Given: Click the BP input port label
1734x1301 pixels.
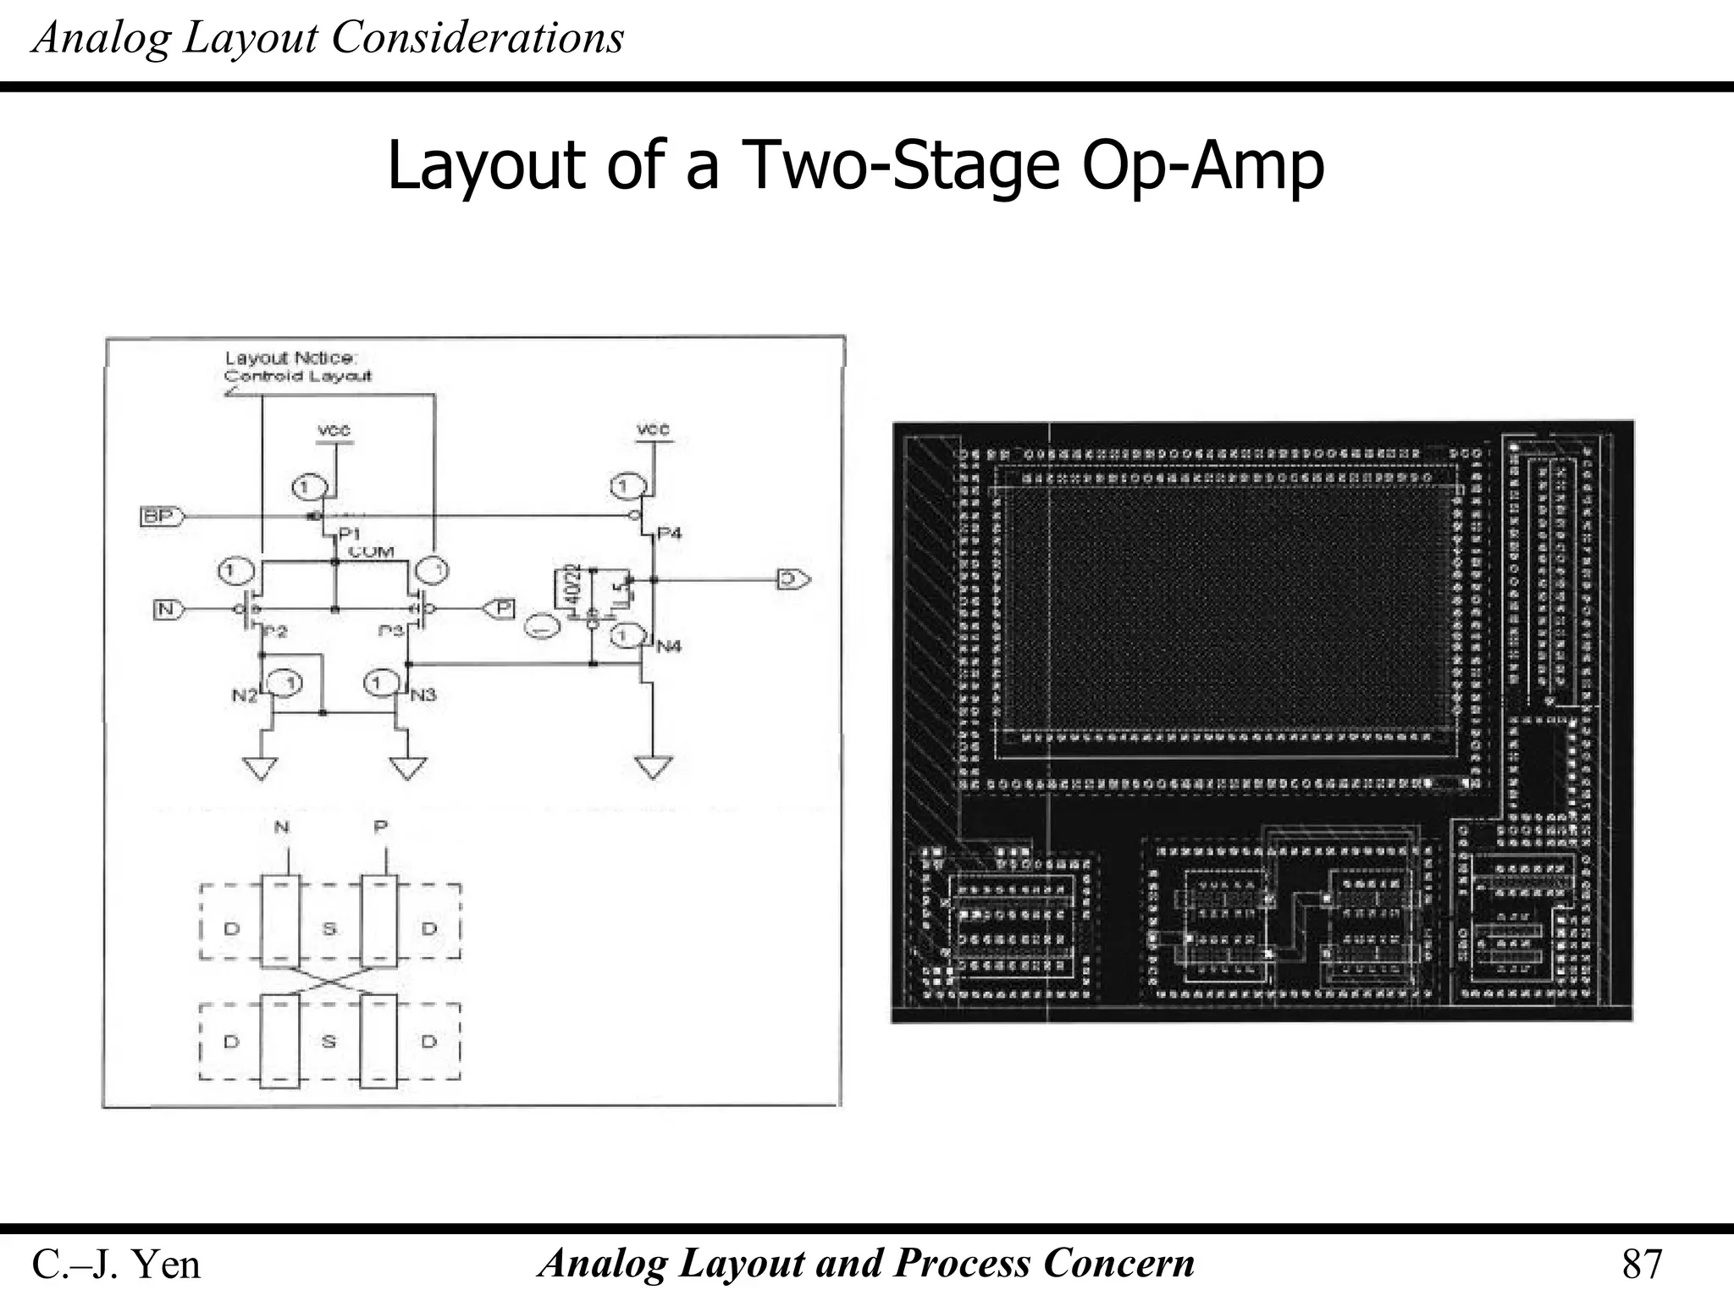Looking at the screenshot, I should click(160, 516).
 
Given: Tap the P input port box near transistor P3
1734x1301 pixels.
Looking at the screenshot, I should click(501, 608).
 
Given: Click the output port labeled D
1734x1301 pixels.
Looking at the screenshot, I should click(792, 579).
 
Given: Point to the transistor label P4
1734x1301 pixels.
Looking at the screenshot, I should click(669, 533).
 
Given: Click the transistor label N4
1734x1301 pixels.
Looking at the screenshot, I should click(669, 646).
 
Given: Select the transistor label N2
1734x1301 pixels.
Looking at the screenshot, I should click(244, 695).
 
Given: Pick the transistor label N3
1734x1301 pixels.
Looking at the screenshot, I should click(423, 695).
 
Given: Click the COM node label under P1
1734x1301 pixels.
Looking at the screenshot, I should click(371, 552).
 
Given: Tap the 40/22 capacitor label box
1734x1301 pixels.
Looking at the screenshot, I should click(572, 587).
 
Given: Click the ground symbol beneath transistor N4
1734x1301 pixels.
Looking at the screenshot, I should click(653, 767).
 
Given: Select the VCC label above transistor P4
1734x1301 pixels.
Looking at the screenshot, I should click(653, 430).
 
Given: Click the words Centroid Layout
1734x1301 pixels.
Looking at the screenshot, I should click(297, 376).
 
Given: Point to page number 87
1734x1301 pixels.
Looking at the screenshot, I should click(1642, 1265).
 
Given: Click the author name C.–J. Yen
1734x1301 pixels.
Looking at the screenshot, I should click(116, 1265).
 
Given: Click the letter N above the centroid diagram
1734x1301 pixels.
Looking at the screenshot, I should click(282, 828).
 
